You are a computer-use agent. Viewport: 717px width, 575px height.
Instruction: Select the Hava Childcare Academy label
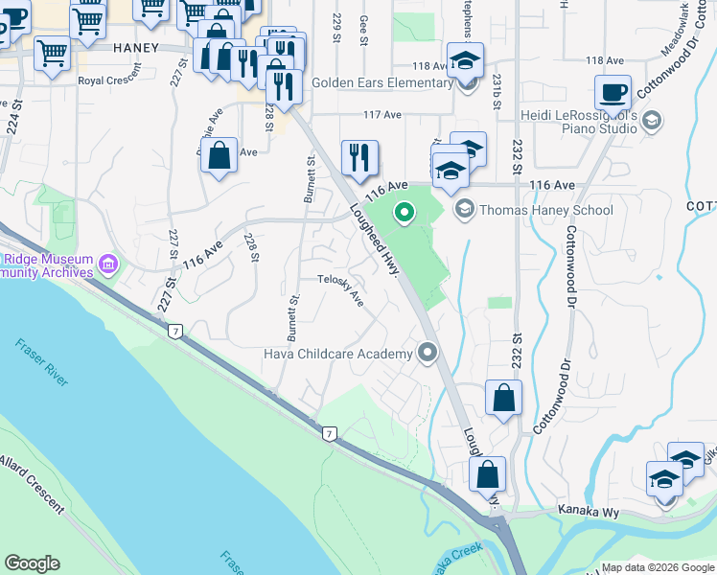pos(338,354)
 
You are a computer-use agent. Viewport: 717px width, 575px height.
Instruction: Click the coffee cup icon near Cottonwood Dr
pos(613,94)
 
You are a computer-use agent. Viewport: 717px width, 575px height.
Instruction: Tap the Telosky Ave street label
pos(341,291)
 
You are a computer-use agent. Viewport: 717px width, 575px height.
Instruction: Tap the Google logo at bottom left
pos(32,563)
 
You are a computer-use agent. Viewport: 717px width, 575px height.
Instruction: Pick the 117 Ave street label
pos(382,115)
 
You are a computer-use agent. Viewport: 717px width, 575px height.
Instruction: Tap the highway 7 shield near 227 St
pos(174,332)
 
